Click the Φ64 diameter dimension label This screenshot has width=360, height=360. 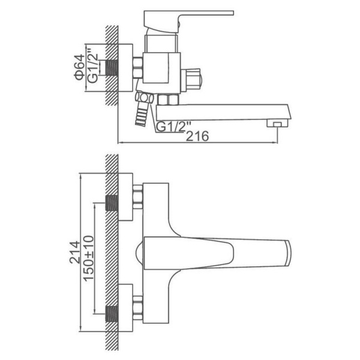[x=79, y=67]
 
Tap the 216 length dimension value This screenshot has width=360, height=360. [x=197, y=136]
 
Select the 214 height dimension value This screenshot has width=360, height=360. [x=75, y=252]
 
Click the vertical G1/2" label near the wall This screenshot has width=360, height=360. [x=93, y=68]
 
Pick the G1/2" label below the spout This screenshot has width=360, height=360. [x=170, y=127]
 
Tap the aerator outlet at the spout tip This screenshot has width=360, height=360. [x=277, y=124]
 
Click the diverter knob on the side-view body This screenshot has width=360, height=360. [x=192, y=80]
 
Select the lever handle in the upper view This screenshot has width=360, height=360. [x=188, y=21]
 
